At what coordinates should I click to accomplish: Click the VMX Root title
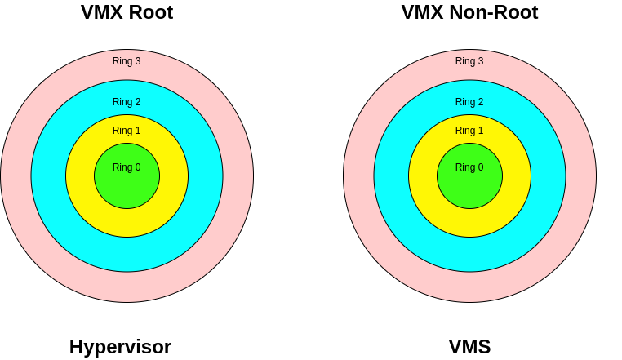(127, 13)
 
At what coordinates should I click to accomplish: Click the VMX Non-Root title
(469, 13)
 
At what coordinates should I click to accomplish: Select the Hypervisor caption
(120, 347)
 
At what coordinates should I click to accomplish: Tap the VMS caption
(469, 347)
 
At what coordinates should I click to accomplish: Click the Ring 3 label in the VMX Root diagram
(127, 61)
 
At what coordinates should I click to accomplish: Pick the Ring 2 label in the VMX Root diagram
(127, 102)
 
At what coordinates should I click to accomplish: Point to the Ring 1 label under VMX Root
(127, 131)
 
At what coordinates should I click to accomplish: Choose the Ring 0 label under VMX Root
(127, 167)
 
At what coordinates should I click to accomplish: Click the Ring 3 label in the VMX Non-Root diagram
(469, 61)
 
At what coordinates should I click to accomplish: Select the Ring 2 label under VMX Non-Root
(469, 102)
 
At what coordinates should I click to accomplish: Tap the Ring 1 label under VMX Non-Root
(469, 131)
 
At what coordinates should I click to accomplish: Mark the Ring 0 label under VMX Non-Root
(469, 167)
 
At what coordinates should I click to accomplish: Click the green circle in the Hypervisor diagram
(127, 188)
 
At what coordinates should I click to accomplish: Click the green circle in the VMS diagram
(469, 188)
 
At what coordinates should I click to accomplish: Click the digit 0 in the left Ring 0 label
(138, 167)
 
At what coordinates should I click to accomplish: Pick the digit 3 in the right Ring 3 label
(481, 61)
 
